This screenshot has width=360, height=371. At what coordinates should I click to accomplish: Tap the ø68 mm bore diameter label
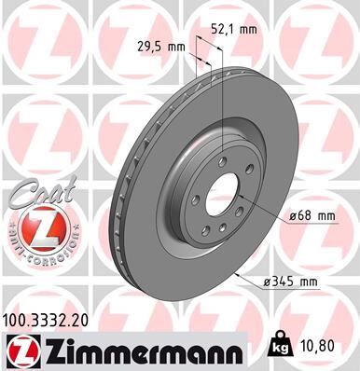pos(311,216)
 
